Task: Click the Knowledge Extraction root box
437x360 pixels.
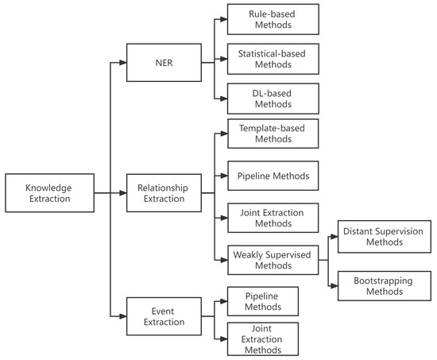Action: (49, 193)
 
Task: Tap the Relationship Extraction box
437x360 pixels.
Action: (164, 193)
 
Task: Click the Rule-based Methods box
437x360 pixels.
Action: (273, 19)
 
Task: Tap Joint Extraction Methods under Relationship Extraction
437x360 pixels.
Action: (273, 218)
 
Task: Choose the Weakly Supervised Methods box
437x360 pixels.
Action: (273, 258)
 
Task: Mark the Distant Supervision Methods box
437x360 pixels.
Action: (384, 237)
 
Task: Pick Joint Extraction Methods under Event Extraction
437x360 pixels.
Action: (263, 339)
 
